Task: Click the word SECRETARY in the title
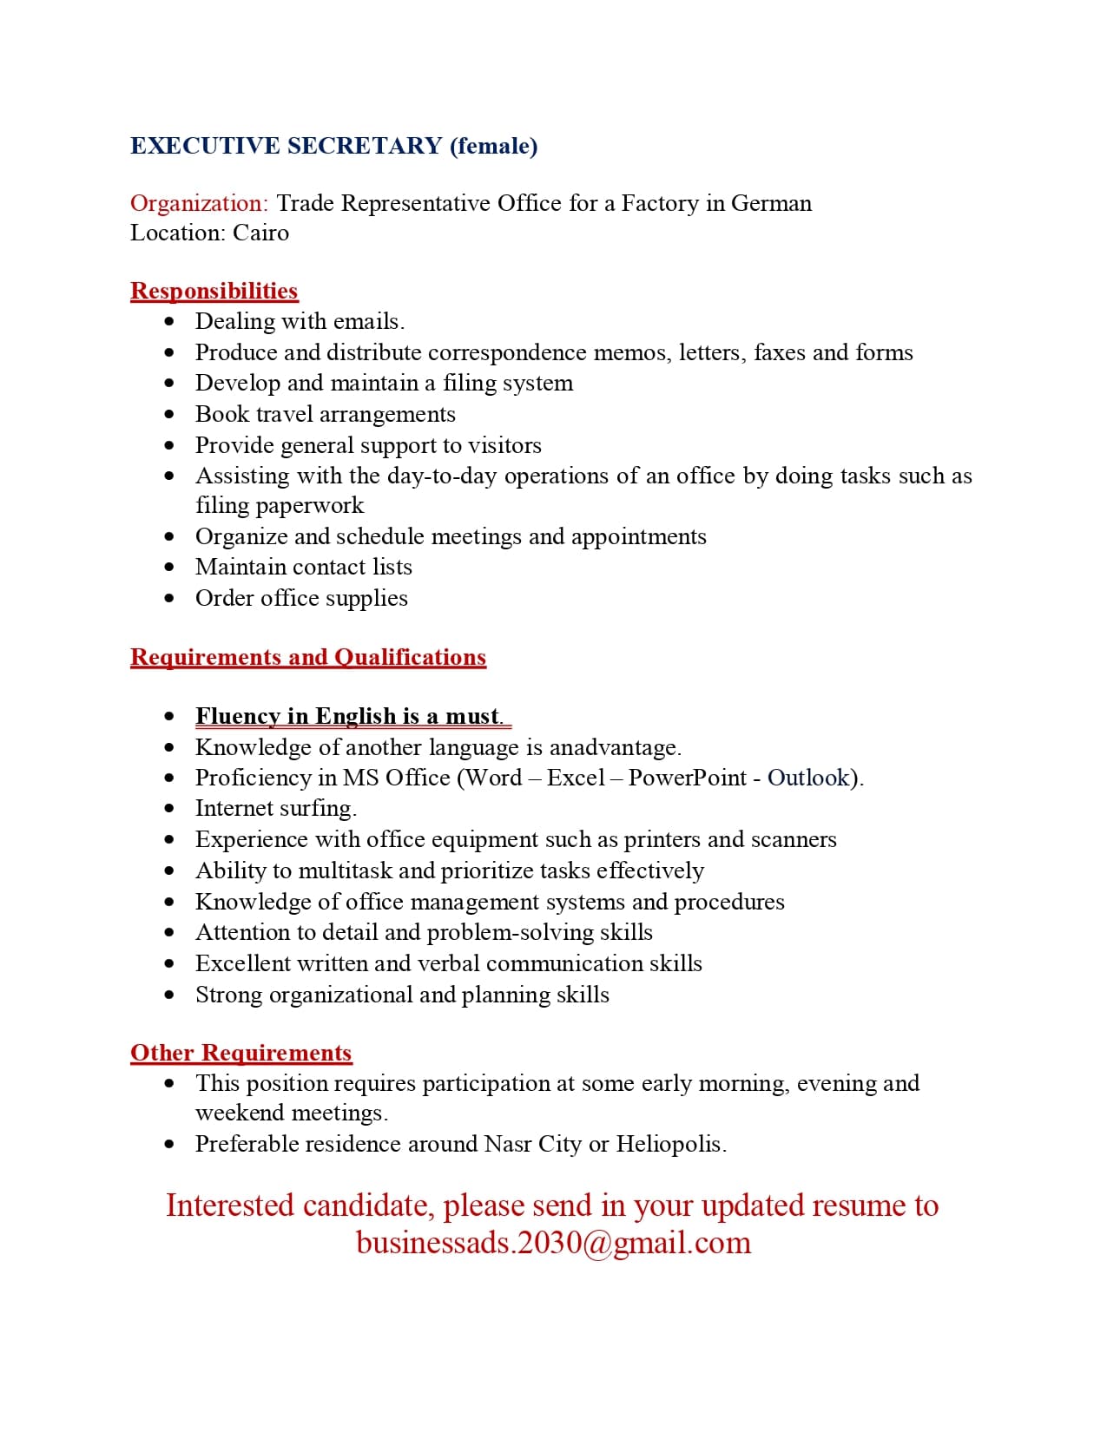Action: pyautogui.click(x=365, y=146)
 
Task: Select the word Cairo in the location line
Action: pyautogui.click(x=260, y=233)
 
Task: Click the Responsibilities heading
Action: pyautogui.click(x=214, y=291)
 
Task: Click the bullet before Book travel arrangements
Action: pyautogui.click(x=169, y=415)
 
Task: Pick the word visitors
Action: pyautogui.click(x=504, y=445)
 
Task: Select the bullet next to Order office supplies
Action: pyautogui.click(x=169, y=599)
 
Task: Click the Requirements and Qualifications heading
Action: pyautogui.click(x=308, y=658)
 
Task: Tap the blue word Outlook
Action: pyautogui.click(x=808, y=778)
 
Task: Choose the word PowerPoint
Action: pyautogui.click(x=687, y=778)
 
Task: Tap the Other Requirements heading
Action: pyautogui.click(x=241, y=1053)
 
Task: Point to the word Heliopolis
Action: pyautogui.click(x=670, y=1145)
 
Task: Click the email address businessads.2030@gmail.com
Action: pyautogui.click(x=554, y=1243)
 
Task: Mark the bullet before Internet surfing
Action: pyautogui.click(x=169, y=809)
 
